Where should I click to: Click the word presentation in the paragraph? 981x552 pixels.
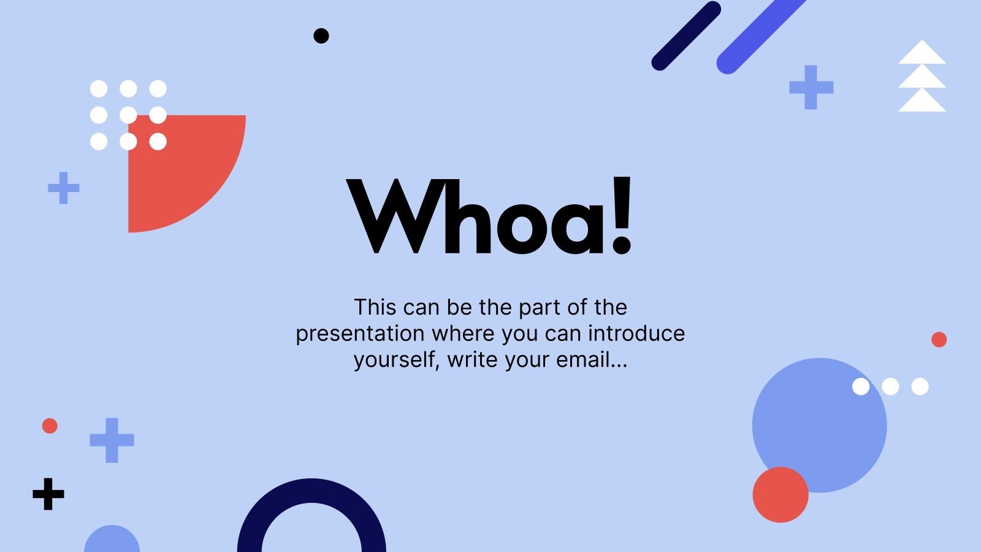360,334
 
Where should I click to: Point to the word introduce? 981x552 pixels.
636,333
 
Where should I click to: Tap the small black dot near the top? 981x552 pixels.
321,36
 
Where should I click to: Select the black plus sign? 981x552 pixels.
48,494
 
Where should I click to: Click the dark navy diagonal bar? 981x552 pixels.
685,36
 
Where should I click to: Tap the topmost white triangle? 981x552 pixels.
922,54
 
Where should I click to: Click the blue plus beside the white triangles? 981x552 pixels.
811,87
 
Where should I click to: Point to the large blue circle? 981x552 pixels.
819,417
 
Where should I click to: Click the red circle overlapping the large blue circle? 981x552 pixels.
780,495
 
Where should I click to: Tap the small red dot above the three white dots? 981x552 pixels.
939,339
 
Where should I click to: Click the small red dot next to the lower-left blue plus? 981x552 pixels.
50,426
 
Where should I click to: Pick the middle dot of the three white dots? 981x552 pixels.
890,386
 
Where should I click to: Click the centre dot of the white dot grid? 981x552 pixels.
128,115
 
